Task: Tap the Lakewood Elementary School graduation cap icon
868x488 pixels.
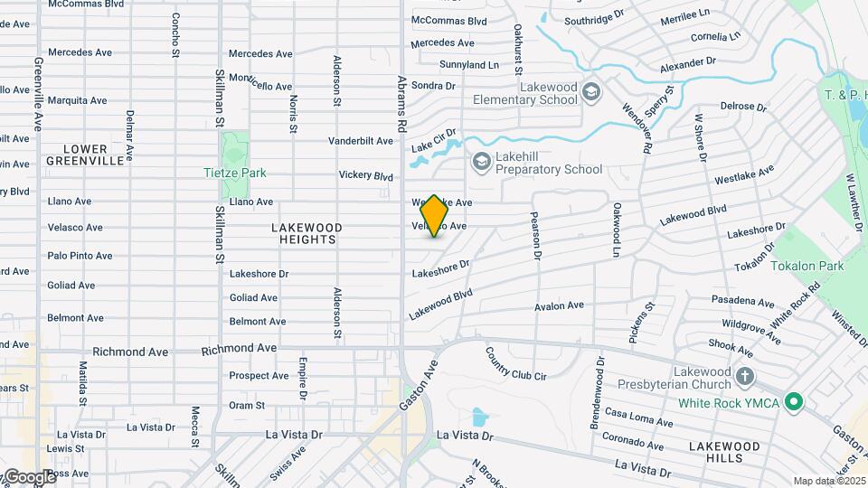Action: pyautogui.click(x=590, y=91)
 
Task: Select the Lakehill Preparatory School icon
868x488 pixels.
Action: pyautogui.click(x=481, y=161)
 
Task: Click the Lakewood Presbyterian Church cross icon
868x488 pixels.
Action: pyautogui.click(x=744, y=375)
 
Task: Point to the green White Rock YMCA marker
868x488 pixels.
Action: pyautogui.click(x=794, y=401)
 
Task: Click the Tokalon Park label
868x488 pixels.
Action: pyautogui.click(x=807, y=266)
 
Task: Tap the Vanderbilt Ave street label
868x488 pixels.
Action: pyautogui.click(x=360, y=141)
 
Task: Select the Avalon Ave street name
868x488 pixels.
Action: pyautogui.click(x=559, y=306)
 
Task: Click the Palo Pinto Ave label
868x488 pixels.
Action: pyautogui.click(x=80, y=256)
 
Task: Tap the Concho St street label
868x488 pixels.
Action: pyautogui.click(x=173, y=33)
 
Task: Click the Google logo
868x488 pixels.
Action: pyautogui.click(x=29, y=476)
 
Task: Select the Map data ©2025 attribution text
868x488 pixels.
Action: pyautogui.click(x=829, y=481)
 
